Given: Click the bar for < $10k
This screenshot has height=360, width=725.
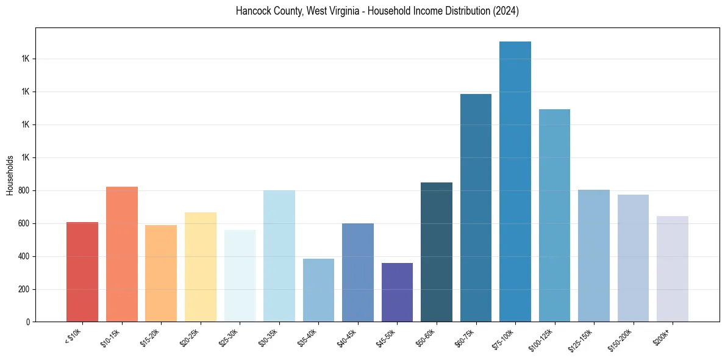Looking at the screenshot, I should click(82, 272).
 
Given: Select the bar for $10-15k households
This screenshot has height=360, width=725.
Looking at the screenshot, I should click(122, 254).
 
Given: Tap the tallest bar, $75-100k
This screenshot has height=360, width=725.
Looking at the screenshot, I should click(515, 182).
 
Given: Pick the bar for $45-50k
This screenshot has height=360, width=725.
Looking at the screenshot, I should click(397, 292).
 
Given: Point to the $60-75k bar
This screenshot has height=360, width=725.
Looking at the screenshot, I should click(476, 208).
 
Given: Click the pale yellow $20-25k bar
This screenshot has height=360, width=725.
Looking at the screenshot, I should click(201, 267).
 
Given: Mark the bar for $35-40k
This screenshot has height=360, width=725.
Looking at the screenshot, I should click(318, 290).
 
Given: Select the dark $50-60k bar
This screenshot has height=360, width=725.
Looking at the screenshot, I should click(437, 252).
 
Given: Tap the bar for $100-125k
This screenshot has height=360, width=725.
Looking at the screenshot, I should click(554, 215).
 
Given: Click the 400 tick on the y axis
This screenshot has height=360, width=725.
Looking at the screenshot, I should click(24, 256).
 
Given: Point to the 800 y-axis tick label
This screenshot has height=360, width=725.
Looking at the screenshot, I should click(24, 190).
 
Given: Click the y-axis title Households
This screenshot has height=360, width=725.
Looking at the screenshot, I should click(10, 175).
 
